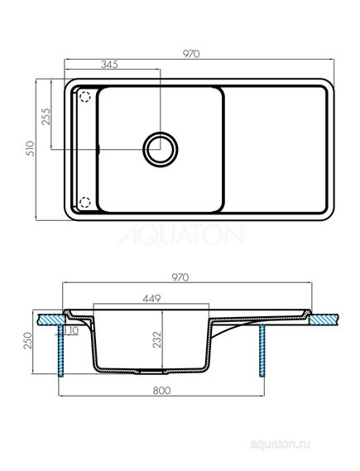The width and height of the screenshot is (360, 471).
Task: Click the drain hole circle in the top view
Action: pyautogui.click(x=159, y=148)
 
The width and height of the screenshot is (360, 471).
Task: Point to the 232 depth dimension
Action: pyautogui.click(x=155, y=339)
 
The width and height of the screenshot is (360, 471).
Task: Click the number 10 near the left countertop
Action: pyautogui.click(x=74, y=329)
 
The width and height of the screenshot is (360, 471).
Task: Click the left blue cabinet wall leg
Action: pyautogui.click(x=60, y=356)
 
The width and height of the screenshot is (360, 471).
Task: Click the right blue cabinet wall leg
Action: pyautogui.click(x=262, y=356)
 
